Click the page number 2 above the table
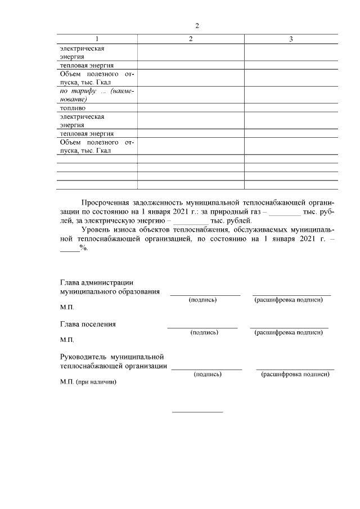coord(197,26)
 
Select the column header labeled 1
coord(97,39)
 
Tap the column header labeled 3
coord(290,39)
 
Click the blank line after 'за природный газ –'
coord(285,214)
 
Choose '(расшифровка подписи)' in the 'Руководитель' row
coord(295,374)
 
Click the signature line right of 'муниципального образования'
coord(205,294)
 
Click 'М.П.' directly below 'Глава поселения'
coord(66,340)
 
